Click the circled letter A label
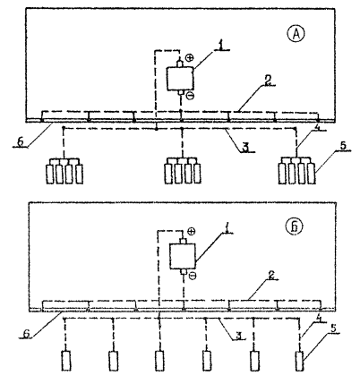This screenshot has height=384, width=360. point(296,35)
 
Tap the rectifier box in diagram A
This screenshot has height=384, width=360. point(180,79)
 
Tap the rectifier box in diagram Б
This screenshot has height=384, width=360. point(183,256)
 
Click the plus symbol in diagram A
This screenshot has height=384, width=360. point(190,58)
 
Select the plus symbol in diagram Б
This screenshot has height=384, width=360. point(192,231)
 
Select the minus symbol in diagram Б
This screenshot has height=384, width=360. point(193,275)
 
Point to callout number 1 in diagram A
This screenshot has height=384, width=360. point(220,45)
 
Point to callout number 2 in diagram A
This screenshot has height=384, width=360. point(268,81)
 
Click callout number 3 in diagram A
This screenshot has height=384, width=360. point(246,148)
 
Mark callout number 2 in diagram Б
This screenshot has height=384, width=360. point(270,276)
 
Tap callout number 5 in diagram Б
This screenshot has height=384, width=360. point(333,328)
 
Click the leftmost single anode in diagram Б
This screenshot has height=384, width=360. point(66,361)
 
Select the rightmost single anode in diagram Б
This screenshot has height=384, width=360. point(300,361)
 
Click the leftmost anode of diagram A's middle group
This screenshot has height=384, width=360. point(168,173)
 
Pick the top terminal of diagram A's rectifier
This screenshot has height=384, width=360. point(180,64)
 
